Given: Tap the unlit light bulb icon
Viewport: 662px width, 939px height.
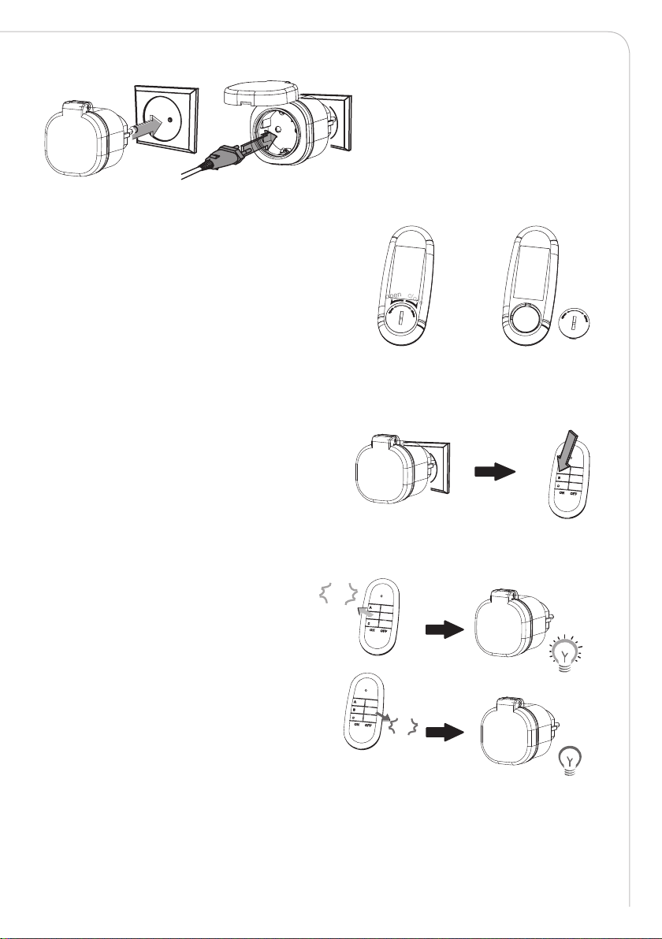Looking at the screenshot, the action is click(569, 760).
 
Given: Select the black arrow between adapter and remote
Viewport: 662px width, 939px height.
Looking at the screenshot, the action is click(495, 473).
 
